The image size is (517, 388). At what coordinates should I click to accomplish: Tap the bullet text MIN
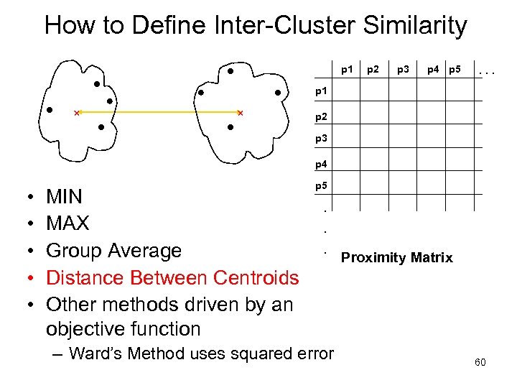64,197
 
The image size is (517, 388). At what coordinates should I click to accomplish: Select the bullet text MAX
67,223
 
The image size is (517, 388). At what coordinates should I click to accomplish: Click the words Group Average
113,251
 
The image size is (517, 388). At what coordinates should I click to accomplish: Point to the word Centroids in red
251,277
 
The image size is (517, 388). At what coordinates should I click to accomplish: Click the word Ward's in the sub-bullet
101,354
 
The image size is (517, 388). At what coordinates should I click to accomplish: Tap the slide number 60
480,362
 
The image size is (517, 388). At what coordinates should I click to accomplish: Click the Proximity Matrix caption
397,257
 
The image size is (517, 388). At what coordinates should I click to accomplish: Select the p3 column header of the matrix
402,70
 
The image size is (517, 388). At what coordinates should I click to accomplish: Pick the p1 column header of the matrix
347,70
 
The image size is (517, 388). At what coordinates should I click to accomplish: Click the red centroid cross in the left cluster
77,113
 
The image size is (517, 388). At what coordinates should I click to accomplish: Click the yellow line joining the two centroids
158,113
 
